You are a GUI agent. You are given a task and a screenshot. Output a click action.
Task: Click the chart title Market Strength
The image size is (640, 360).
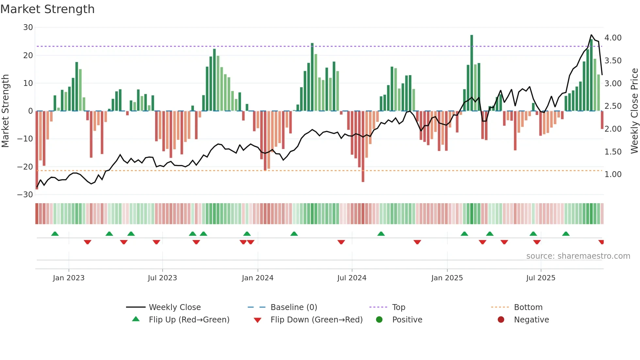click(x=47, y=9)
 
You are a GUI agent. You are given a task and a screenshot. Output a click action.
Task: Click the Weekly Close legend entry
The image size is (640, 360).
click(x=174, y=307)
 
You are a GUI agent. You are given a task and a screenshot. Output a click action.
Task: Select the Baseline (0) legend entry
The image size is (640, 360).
click(x=294, y=307)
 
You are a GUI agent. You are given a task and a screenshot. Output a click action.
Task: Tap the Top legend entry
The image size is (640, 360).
click(x=398, y=307)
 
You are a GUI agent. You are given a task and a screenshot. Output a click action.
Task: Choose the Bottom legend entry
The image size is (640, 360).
click(x=528, y=307)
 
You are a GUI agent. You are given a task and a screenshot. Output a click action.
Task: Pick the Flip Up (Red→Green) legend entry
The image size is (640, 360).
click(x=189, y=320)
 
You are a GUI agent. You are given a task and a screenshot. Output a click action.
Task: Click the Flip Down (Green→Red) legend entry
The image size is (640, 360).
click(x=316, y=320)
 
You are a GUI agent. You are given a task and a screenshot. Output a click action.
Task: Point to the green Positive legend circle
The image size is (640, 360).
click(x=379, y=319)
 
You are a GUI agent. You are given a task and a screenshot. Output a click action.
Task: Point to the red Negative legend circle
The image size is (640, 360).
click(x=501, y=319)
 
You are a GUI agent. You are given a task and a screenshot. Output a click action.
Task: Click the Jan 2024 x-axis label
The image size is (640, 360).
click(x=258, y=278)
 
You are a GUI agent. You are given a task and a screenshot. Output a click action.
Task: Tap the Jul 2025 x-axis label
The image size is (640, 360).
click(x=541, y=278)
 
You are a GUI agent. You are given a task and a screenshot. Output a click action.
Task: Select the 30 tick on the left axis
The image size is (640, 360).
click(x=28, y=27)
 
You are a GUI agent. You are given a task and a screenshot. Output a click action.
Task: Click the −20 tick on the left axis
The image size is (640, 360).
click(x=25, y=167)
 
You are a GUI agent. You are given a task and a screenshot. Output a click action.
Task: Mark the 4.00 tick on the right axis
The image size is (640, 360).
click(x=613, y=38)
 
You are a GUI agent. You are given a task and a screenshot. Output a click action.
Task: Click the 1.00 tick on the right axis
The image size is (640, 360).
click(x=613, y=174)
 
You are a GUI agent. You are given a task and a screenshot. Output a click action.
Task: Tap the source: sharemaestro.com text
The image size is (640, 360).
click(x=578, y=256)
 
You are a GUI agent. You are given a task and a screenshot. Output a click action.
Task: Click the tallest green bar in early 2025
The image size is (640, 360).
click(x=472, y=72)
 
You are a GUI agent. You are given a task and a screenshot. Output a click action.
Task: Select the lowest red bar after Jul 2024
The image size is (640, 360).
click(x=363, y=147)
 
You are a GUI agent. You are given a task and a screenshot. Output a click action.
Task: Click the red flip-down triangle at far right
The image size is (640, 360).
click(x=601, y=242)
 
